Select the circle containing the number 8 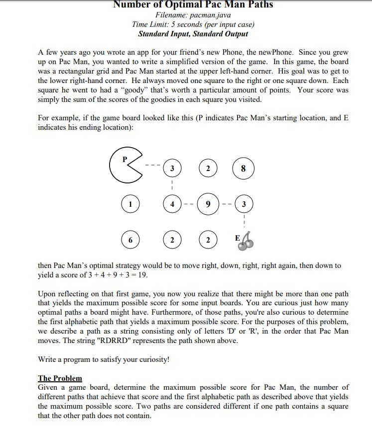click(x=243, y=169)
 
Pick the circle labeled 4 click(x=172, y=204)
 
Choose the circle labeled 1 click(x=130, y=204)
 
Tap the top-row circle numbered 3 click(x=172, y=169)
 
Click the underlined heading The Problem click(x=60, y=378)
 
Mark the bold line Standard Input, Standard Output click(x=193, y=34)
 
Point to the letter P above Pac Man click(x=125, y=159)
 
